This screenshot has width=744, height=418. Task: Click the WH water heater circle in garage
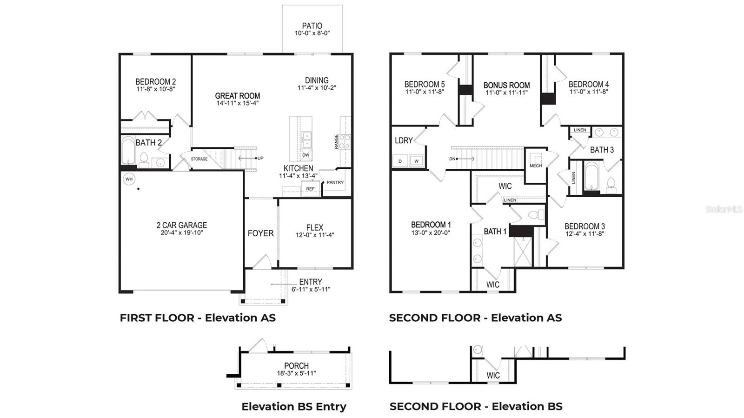[129, 179]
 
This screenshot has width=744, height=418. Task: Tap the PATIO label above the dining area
[312, 26]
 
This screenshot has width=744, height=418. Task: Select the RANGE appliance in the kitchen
[345, 141]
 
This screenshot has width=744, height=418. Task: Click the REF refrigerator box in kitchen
[310, 188]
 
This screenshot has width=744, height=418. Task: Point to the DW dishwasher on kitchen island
[306, 155]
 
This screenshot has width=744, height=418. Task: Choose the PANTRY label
[335, 182]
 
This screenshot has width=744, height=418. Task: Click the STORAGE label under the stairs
[199, 159]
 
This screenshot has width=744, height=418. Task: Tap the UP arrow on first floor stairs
[249, 158]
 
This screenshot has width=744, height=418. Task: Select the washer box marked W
[417, 161]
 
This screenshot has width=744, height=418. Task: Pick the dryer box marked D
[400, 161]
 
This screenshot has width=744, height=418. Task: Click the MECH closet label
[535, 166]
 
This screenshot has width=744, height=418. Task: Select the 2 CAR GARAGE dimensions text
[182, 232]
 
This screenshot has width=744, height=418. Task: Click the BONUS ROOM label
[506, 85]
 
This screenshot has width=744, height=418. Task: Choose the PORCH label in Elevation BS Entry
[296, 366]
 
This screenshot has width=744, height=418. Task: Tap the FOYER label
[260, 233]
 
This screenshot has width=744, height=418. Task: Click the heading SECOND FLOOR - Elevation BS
[476, 406]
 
